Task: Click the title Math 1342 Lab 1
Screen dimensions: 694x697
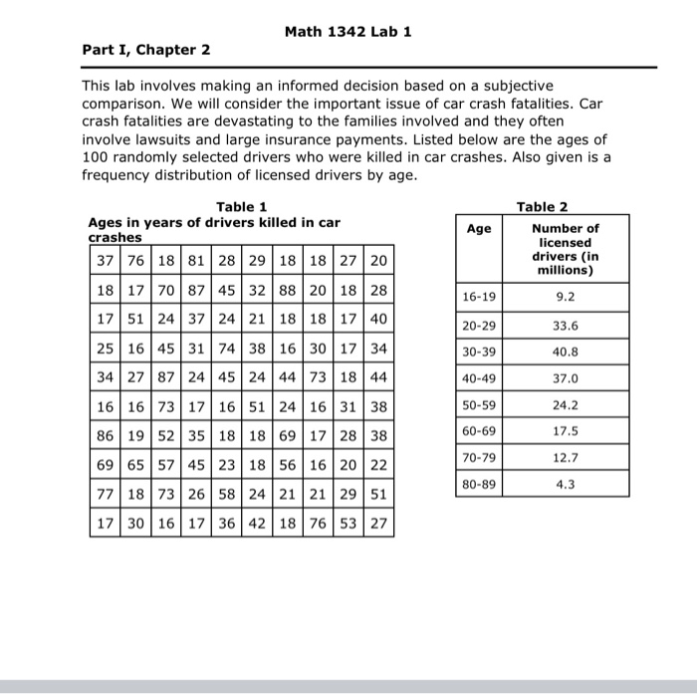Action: pyautogui.click(x=348, y=31)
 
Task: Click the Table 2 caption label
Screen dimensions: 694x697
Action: pyautogui.click(x=543, y=207)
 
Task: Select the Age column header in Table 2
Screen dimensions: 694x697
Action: pyautogui.click(x=479, y=229)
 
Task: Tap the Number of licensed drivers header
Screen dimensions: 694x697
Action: pyautogui.click(x=565, y=249)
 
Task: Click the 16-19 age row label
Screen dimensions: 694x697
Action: pyautogui.click(x=479, y=297)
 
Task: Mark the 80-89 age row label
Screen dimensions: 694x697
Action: pyautogui.click(x=479, y=485)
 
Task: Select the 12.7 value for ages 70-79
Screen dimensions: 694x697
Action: pyautogui.click(x=565, y=458)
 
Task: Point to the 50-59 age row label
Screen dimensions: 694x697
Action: pyautogui.click(x=479, y=404)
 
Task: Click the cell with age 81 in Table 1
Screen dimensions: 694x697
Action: pyautogui.click(x=196, y=261)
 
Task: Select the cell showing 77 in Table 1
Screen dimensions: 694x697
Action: pyautogui.click(x=105, y=494)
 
